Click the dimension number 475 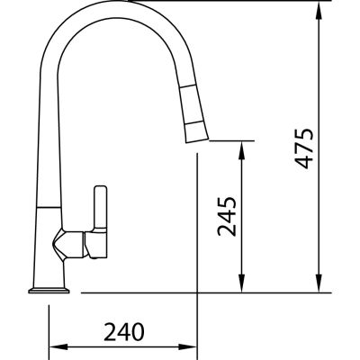point(303,148)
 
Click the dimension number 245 point(227,217)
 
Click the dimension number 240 point(124,332)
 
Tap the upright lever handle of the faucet point(101,207)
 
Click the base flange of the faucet point(49,291)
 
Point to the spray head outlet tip point(197,140)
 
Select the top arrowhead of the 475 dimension point(319,10)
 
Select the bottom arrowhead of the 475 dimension point(319,283)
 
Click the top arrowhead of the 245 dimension point(241,149)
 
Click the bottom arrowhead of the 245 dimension point(241,283)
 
